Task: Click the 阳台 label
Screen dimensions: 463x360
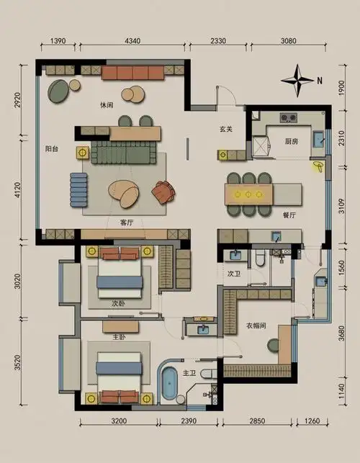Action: (52, 149)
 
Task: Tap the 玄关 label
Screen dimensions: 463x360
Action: (226, 129)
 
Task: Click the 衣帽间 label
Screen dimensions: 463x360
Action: (257, 325)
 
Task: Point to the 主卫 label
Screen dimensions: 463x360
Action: (189, 373)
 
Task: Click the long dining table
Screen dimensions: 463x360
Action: (263, 194)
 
